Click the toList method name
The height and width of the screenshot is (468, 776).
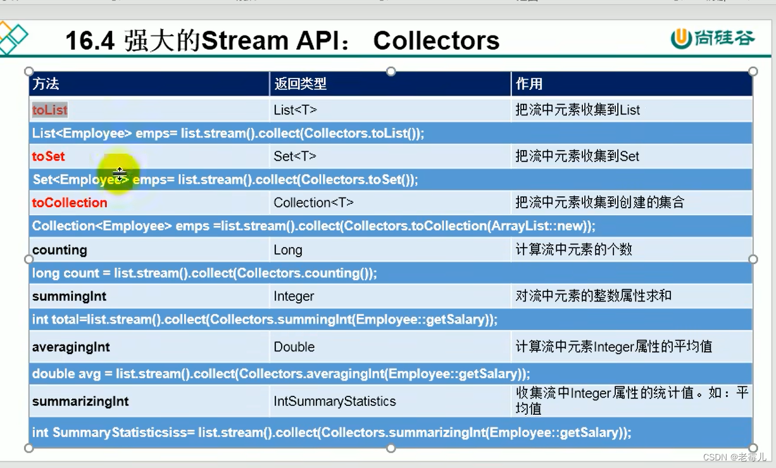[x=50, y=110]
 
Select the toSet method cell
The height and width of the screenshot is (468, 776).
[x=49, y=156]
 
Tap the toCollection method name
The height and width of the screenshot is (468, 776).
[x=70, y=203]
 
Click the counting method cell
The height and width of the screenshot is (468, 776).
[x=59, y=250]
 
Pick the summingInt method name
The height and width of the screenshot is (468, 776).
[x=69, y=296]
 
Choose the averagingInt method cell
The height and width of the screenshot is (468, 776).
[x=71, y=347]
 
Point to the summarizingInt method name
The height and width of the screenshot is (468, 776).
[x=80, y=402]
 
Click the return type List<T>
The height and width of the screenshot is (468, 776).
[x=295, y=110]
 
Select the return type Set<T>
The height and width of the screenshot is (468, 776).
[x=294, y=156]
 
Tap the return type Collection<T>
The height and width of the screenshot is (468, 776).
[x=313, y=203]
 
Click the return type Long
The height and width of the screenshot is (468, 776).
[x=288, y=250]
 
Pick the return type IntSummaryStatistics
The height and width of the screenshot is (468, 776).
[x=335, y=402]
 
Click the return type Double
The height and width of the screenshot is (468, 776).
[x=294, y=347]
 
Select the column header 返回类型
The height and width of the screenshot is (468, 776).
[x=300, y=84]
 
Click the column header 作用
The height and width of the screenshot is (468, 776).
[x=529, y=84]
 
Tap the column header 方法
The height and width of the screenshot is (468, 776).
[x=46, y=84]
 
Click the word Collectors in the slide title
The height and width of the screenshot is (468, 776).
[x=436, y=41]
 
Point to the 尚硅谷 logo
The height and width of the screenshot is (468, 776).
[x=713, y=38]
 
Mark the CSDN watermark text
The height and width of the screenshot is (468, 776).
[x=734, y=457]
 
